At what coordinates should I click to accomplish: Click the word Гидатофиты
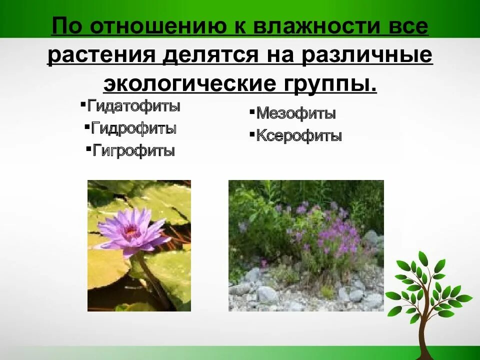133,106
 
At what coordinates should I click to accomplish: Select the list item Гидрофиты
133,128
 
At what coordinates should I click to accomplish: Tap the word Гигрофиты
133,150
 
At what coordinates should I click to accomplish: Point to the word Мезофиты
295,113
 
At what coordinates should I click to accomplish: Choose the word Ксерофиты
298,135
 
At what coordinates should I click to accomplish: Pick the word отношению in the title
156,27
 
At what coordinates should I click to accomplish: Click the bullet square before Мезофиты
252,112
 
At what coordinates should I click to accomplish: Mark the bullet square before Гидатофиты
82,104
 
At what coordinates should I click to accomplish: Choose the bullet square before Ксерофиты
252,134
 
